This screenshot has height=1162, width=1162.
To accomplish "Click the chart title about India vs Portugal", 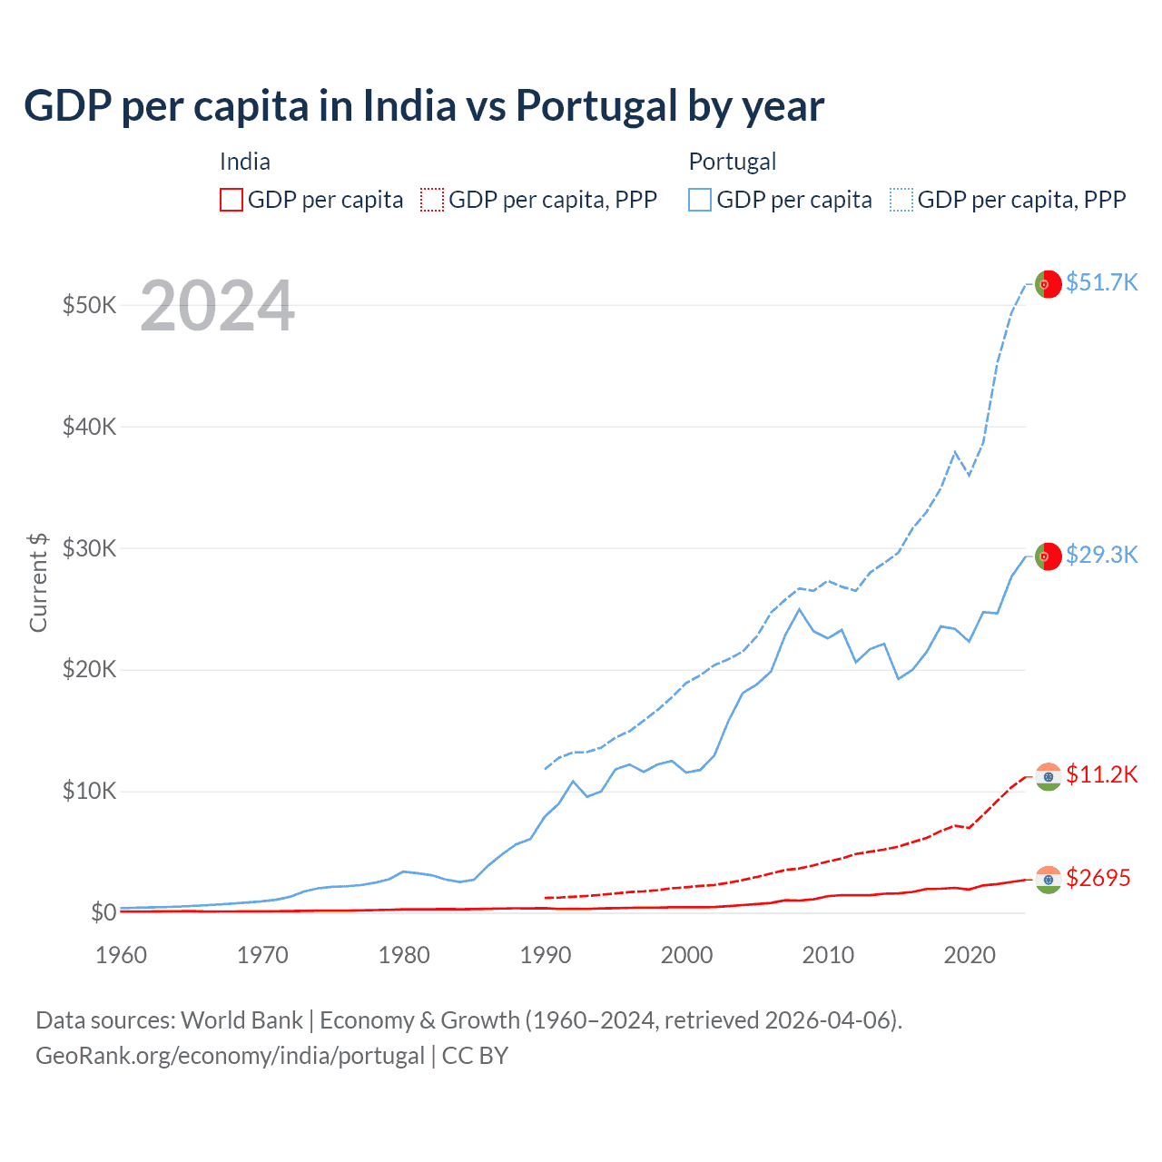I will (x=424, y=106).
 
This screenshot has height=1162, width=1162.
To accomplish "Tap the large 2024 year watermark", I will (x=217, y=306).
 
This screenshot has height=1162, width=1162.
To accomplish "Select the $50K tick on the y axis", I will (x=89, y=305).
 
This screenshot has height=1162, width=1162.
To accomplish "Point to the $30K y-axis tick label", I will (x=89, y=548).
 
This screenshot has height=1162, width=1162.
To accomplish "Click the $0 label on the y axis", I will (x=103, y=912).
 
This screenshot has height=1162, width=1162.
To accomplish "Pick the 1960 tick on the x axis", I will (x=121, y=955).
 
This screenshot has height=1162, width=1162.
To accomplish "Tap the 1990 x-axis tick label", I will (x=546, y=955).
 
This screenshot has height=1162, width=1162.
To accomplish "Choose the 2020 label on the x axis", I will (x=970, y=955).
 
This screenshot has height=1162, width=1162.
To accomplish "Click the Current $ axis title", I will (x=38, y=582).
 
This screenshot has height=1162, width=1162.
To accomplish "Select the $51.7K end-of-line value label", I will (x=1101, y=282).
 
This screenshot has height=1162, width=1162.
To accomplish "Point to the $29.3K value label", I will (x=1101, y=555).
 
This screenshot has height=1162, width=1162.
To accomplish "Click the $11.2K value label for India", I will (x=1101, y=774).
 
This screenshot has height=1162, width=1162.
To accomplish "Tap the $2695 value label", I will (x=1098, y=878).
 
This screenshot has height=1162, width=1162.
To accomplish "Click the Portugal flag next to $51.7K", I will (x=1049, y=284).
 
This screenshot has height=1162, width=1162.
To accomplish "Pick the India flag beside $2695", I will (x=1049, y=880).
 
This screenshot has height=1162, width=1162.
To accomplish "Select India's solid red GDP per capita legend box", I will (x=231, y=200).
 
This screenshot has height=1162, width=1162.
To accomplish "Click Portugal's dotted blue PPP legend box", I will (x=901, y=200).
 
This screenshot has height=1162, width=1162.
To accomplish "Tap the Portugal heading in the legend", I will (x=732, y=162).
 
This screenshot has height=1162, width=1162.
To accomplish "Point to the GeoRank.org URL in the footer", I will (x=230, y=1056).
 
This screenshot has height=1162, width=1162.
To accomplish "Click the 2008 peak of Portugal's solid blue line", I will (x=799, y=609).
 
